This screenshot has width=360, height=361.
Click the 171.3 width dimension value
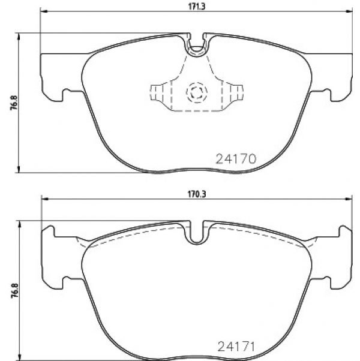197,7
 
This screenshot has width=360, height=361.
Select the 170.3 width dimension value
197,194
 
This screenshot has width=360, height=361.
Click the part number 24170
236,159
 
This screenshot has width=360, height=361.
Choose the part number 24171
236,347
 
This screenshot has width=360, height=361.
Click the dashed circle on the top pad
197,92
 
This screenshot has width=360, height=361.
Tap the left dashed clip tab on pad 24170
157,93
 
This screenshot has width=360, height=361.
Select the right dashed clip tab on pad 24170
236,93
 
